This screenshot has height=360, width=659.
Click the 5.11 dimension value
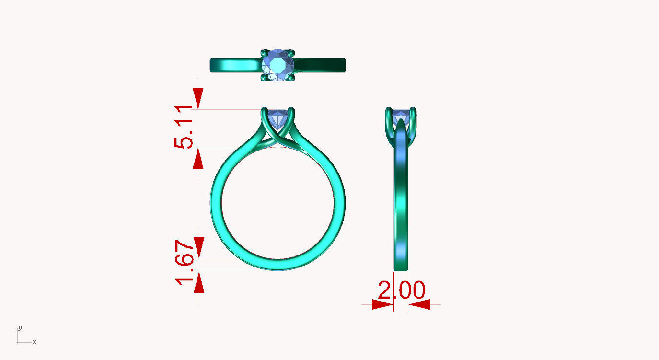185,128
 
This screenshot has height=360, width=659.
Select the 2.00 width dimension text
401,290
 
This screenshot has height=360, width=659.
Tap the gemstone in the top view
278,65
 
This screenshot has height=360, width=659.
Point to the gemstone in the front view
278,118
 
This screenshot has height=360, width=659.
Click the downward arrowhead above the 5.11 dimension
198,99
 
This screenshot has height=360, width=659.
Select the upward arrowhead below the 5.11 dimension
198,158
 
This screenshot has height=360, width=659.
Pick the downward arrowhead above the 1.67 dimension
198,248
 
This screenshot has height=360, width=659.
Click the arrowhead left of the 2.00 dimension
382,304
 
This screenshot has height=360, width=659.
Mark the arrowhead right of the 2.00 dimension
419,304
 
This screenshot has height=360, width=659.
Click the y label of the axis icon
20,328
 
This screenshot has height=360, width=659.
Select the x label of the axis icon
35,342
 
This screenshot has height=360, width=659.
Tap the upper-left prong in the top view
265,52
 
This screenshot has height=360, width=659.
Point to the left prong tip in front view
264,111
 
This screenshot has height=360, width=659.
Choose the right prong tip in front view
292,111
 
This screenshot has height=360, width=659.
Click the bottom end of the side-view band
401,267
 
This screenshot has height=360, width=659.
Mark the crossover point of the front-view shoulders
278,138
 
